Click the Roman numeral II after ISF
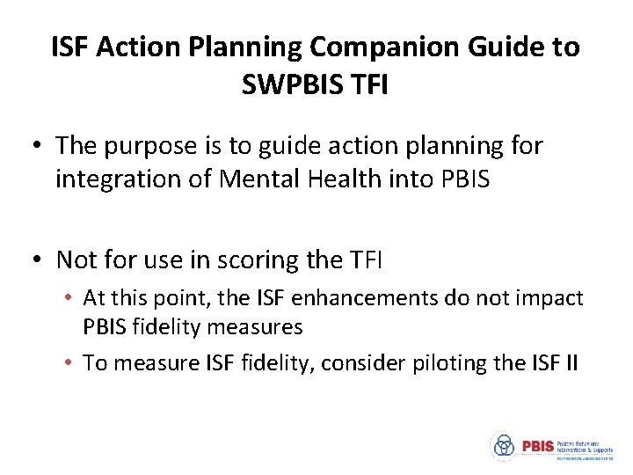[568, 363]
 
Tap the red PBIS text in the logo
[538, 446]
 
